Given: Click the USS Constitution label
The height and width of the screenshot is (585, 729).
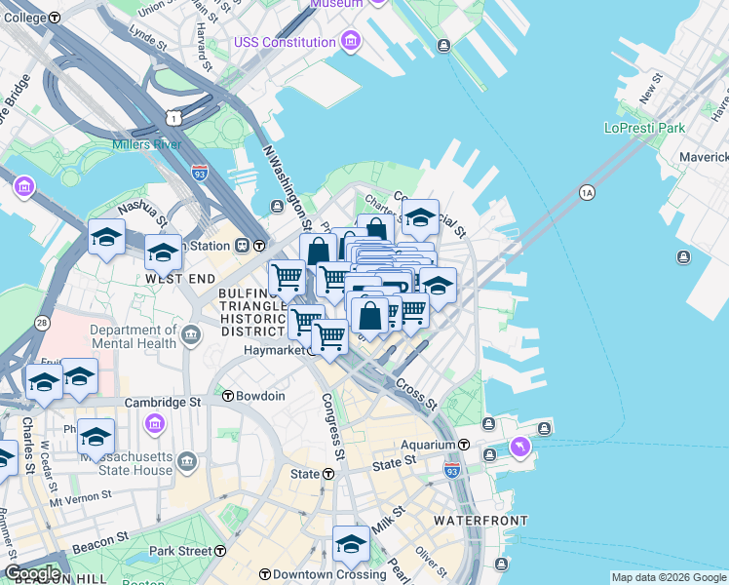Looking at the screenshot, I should coord(285,42).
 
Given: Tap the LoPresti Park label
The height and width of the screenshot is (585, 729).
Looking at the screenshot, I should coord(644,128).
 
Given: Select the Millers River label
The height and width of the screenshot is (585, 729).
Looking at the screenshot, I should coord(147,145).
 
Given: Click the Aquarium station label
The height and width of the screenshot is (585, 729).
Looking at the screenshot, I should coord(430,445).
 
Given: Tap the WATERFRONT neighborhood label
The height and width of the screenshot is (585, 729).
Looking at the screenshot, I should coord(481,521).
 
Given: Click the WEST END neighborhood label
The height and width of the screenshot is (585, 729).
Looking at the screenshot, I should coord(179,279).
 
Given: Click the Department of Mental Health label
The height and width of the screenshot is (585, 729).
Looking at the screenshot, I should coord(133,336).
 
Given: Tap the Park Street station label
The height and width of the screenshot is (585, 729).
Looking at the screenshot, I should coord(180,551).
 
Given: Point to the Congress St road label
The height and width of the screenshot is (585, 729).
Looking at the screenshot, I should coord(333,426).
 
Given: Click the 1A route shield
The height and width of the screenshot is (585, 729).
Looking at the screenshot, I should coord(587,193).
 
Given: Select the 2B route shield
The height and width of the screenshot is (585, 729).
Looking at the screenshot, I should coord(42,322).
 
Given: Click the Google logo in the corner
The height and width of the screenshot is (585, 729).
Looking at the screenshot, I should coord(31,573).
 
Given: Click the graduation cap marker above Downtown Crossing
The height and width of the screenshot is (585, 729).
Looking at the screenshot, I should coord(350,546).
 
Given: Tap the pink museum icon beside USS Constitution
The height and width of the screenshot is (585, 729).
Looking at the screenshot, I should coord(350,42).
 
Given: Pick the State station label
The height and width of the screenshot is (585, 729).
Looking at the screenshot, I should coord(305,474).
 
